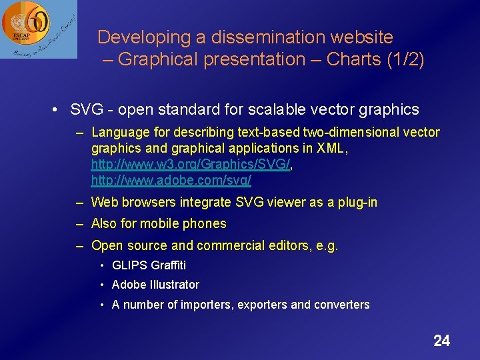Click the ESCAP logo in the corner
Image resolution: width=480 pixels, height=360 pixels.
pos(38,29)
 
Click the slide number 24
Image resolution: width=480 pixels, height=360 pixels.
pos(441,341)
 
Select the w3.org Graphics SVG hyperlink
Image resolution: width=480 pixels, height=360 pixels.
pos(191,164)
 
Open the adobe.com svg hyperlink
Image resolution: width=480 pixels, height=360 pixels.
pos(171,180)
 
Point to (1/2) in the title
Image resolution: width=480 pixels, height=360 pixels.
pos(405,59)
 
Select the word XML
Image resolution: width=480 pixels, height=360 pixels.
pos(331,148)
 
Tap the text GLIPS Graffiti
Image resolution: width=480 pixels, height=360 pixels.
pos(149,265)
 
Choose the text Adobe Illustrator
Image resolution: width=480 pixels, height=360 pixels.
pos(155,285)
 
